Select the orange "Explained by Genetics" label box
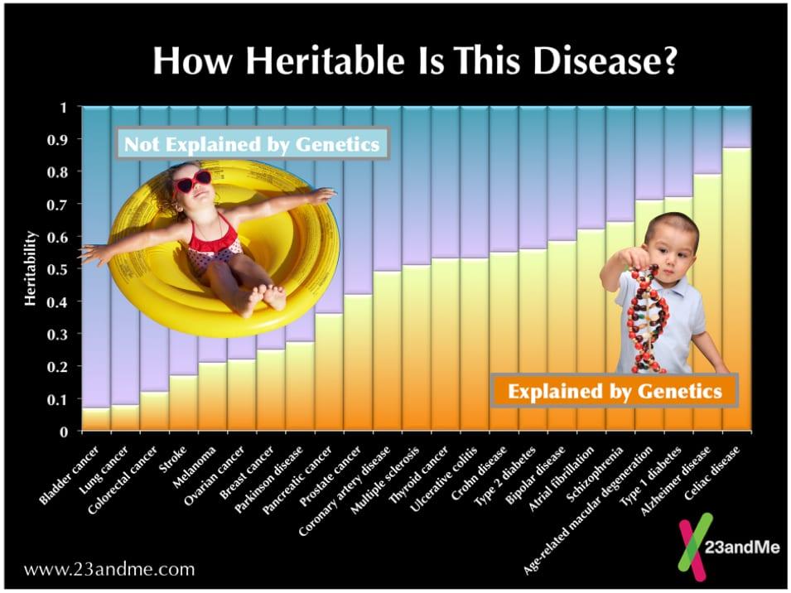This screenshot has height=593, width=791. [x=614, y=390]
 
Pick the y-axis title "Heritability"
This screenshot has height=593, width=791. [x=31, y=269]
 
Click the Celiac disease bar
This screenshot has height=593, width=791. [x=736, y=290]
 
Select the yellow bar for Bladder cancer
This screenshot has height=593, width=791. [x=96, y=419]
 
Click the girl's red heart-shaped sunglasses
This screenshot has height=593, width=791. [x=192, y=180]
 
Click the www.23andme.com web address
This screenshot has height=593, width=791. [x=109, y=569]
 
